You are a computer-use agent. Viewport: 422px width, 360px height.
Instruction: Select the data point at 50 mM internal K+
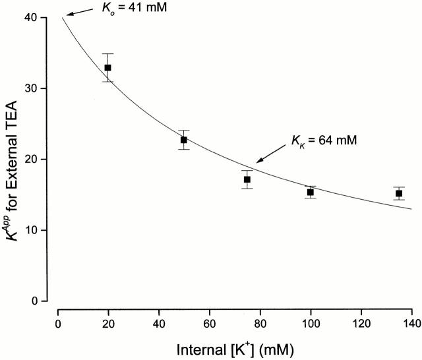[183, 140]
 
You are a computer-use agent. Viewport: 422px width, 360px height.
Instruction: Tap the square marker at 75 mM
[247, 179]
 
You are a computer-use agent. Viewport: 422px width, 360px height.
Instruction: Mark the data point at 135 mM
[398, 193]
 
